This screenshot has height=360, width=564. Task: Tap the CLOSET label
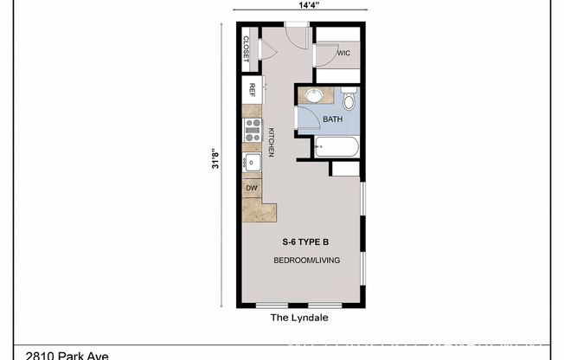(x=247, y=49)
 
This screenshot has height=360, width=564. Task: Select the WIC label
(x=343, y=53)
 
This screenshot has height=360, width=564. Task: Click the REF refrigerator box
(x=253, y=89)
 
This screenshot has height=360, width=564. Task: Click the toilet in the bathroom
(x=349, y=100)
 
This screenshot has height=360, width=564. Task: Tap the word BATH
(x=333, y=119)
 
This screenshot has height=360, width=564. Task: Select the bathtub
(x=336, y=148)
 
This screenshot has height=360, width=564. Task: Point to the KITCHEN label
(x=272, y=141)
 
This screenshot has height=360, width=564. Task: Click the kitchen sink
(x=253, y=163)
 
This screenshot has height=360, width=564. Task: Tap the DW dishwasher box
(x=252, y=188)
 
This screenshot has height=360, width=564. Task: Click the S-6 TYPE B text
(x=306, y=242)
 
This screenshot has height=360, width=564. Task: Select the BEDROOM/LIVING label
(x=306, y=260)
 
